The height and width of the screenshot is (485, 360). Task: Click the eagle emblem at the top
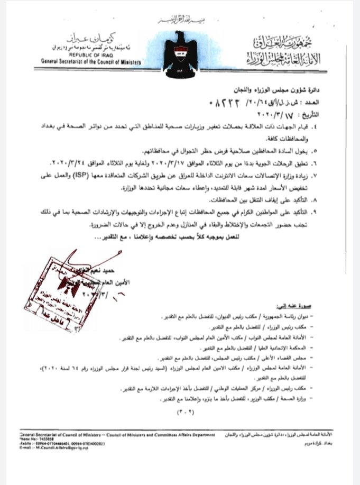pos(180,50)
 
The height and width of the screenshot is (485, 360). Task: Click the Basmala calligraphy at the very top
pos(179,20)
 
